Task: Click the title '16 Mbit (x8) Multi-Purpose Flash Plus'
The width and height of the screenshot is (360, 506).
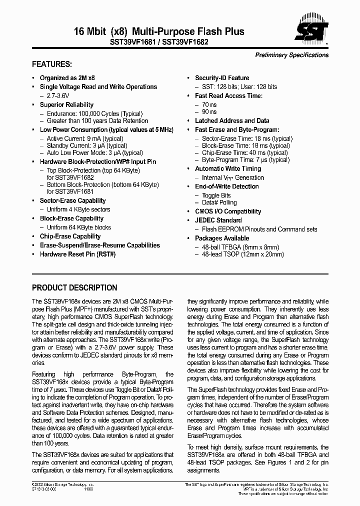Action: [x=138, y=31]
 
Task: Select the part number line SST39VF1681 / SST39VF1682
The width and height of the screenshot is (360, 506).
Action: [x=155, y=42]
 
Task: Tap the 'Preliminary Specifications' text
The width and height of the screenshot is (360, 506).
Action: [x=292, y=55]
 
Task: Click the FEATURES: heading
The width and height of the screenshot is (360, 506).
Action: [x=52, y=64]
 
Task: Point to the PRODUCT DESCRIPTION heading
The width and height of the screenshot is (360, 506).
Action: [x=74, y=288]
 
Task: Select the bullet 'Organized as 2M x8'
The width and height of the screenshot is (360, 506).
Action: [x=67, y=78]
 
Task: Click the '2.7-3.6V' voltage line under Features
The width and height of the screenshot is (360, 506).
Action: [x=59, y=95]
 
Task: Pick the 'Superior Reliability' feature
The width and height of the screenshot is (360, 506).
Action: [x=66, y=104]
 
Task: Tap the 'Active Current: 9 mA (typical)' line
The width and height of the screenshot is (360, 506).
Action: [x=85, y=138]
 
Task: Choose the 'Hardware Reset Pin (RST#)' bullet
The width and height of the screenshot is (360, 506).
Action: [x=77, y=254]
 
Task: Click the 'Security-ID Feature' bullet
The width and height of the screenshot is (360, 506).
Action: [x=222, y=78]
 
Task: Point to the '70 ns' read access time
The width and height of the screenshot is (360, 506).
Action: [x=209, y=104]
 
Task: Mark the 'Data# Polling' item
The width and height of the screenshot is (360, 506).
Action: [x=219, y=202]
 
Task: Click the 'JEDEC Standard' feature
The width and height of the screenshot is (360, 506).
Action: [x=218, y=220]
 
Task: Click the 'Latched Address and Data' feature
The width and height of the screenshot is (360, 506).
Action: [x=231, y=120]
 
